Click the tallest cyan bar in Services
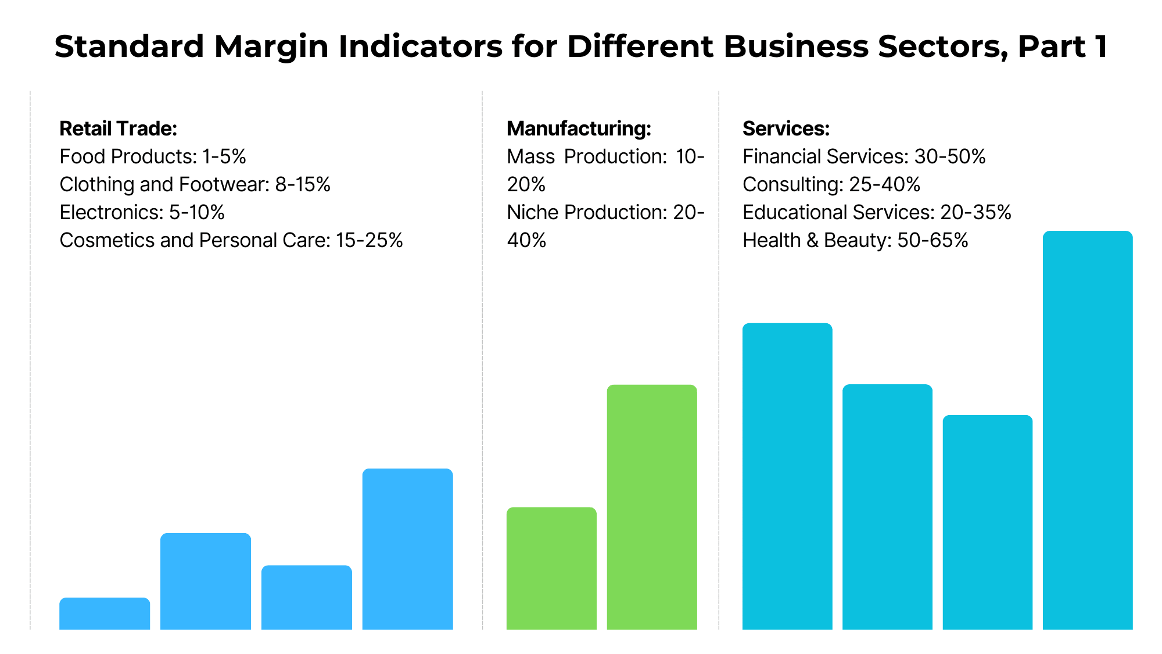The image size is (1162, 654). point(1087,430)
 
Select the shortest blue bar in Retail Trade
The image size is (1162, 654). point(105,613)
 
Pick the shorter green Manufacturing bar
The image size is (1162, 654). point(551,568)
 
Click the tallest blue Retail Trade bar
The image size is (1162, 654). point(407,549)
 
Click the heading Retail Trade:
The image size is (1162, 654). point(118,128)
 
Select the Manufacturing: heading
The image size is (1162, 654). point(579,128)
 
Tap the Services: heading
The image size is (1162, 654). point(786,128)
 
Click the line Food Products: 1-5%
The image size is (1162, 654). point(153,156)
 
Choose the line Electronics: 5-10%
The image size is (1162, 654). point(142,212)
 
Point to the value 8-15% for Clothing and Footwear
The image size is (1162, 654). point(303,184)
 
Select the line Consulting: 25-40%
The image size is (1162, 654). point(831,184)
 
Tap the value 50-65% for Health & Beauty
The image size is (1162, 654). point(933,240)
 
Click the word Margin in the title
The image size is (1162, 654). point(271,47)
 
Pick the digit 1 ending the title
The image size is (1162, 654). point(1100,47)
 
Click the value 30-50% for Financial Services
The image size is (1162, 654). point(950,156)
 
